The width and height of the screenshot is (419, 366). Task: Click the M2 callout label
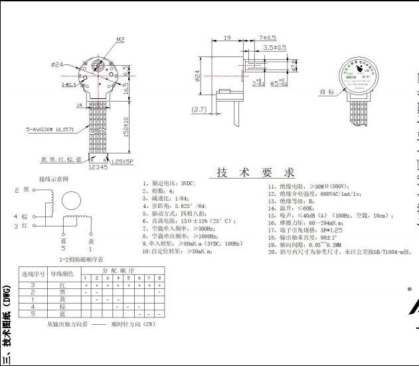pos(120,40)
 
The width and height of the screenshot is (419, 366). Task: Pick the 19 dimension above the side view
pos(227,39)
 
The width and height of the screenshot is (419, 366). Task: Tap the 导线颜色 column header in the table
pos(61,274)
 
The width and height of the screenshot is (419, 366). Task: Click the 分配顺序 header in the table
pos(122,270)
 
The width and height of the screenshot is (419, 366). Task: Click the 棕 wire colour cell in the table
pos(61,307)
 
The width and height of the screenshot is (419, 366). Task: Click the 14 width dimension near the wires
pos(79,105)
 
